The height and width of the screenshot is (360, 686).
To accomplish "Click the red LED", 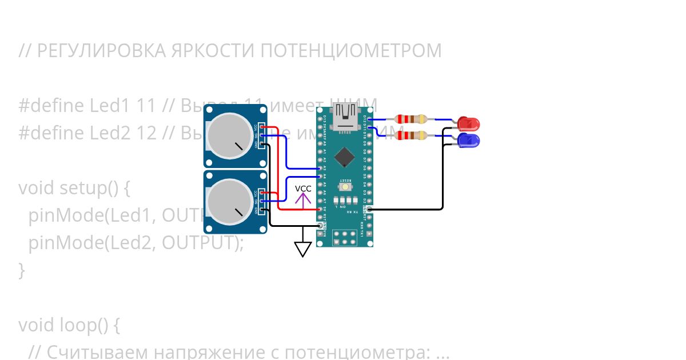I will click(469, 123).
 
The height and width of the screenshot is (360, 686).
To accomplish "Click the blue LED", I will click(469, 140).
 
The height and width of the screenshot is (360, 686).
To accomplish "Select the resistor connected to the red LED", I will click(411, 119).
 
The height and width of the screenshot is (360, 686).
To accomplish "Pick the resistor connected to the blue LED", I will click(411, 136).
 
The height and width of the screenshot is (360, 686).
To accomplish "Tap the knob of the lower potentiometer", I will click(228, 201).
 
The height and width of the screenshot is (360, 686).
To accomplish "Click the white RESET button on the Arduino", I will click(345, 187).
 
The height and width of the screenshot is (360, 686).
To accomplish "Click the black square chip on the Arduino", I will click(345, 156).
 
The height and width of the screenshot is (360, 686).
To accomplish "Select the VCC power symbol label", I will click(303, 189).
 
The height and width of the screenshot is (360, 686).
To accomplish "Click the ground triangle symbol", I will click(302, 249).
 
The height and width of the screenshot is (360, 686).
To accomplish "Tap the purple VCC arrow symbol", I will click(303, 199).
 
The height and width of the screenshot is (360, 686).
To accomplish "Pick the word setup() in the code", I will click(94, 188).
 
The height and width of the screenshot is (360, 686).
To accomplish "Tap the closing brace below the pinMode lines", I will click(22, 270).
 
